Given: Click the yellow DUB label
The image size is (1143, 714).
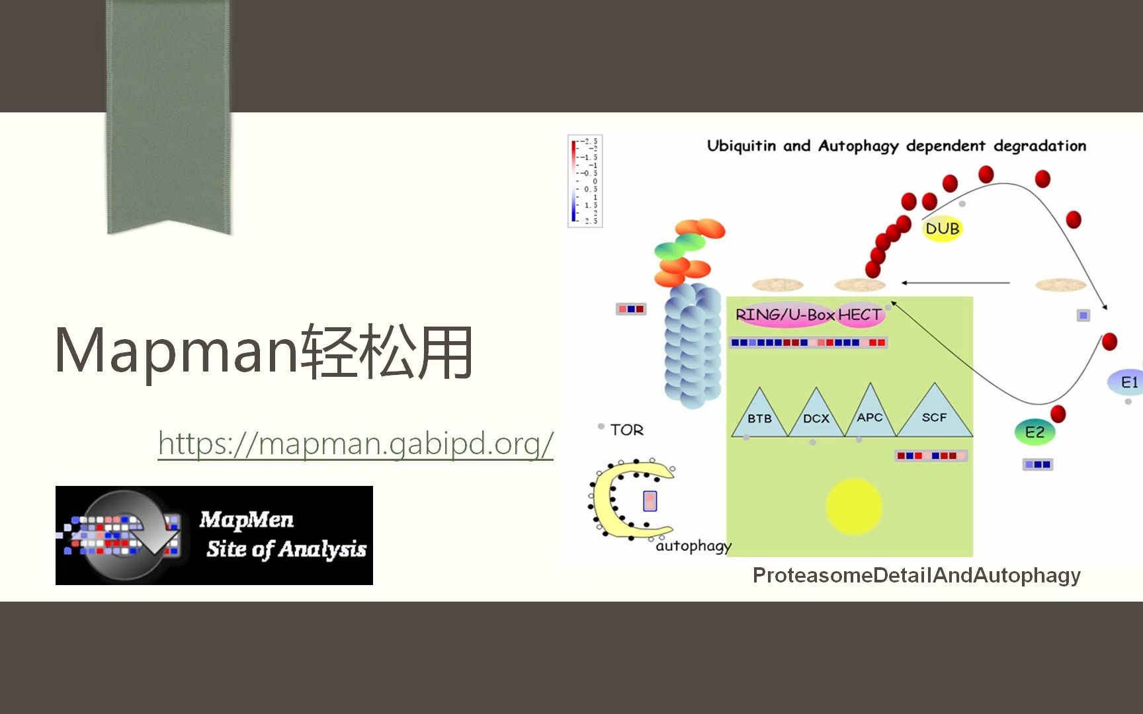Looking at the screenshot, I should point(942,229).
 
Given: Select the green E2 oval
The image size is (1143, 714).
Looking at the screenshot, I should point(1035,432).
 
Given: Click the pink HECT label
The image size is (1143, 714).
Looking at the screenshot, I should point(859,315).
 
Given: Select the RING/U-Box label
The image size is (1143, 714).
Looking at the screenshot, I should point(784,315).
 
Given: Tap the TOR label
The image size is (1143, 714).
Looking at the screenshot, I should point(626,430).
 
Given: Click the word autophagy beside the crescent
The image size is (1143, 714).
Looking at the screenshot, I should point(693,546).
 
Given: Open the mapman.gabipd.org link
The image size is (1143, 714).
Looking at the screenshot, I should point(355,443).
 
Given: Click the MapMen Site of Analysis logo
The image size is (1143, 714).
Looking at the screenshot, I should point(214,535).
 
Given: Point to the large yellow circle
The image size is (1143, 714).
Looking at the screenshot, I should point(854,506).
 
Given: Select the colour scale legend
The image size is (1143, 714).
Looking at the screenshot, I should point(585,181).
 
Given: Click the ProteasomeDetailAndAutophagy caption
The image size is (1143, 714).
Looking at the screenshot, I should point(916,575).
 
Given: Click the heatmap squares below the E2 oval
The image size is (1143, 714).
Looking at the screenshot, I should point(1037,464).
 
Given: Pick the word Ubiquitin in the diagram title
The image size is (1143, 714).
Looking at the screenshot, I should point(741,145).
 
